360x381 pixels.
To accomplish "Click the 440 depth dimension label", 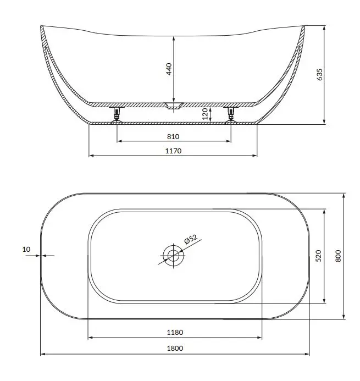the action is (x=169, y=69).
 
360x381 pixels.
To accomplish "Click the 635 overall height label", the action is (x=320, y=74).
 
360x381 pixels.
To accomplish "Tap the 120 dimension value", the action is (x=205, y=114).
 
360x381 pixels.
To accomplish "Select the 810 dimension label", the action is (x=173, y=136).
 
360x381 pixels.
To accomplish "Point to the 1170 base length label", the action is (x=173, y=151).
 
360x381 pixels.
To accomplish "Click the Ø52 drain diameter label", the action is (x=191, y=239).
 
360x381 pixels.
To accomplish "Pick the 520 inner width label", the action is (x=318, y=256).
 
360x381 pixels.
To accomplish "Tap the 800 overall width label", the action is (x=338, y=256).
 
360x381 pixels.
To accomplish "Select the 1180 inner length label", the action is (x=175, y=332).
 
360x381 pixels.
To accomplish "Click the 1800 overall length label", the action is (x=175, y=348).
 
